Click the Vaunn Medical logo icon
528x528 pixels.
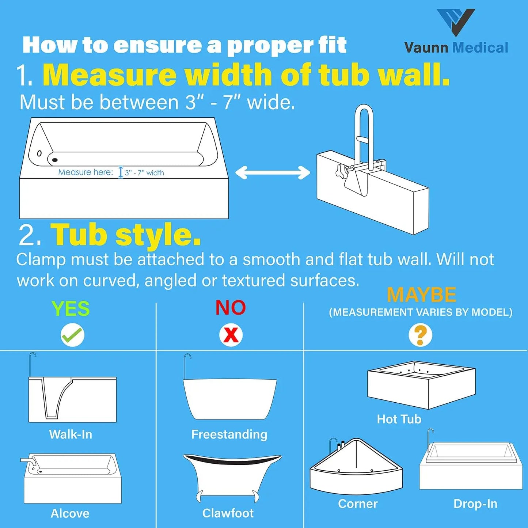[456, 22]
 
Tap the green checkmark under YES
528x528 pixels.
[72, 335]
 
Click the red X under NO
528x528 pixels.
[231, 335]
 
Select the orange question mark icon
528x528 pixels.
[420, 335]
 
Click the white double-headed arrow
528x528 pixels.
[272, 173]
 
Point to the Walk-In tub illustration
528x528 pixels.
[72, 399]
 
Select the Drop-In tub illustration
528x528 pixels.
[471, 466]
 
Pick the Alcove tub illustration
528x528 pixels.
[72, 479]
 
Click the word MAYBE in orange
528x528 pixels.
[421, 295]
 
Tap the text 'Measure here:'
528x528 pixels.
[86, 172]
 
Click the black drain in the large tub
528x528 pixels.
[55, 160]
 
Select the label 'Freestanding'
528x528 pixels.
[229, 434]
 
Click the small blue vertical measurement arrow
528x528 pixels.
[121, 172]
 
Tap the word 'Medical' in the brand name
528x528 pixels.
[480, 48]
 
